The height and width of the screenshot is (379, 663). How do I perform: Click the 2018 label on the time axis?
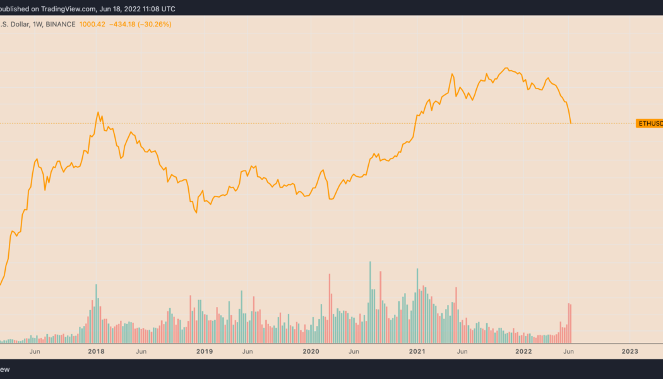97,351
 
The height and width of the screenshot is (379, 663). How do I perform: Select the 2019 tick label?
204,351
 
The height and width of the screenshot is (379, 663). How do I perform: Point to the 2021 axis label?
417,351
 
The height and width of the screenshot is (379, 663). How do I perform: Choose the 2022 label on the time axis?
523,351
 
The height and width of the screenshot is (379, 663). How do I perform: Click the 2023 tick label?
630,351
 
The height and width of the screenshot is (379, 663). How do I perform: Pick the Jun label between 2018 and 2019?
141,351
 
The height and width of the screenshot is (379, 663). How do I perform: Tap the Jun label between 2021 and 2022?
462,351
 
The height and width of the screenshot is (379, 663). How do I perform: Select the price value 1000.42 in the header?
93,24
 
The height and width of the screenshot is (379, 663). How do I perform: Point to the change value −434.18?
127,24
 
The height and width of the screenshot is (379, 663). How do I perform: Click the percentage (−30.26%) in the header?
157,24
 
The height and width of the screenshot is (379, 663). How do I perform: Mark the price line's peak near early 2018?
99,112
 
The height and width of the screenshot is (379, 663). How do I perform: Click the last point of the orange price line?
571,123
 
